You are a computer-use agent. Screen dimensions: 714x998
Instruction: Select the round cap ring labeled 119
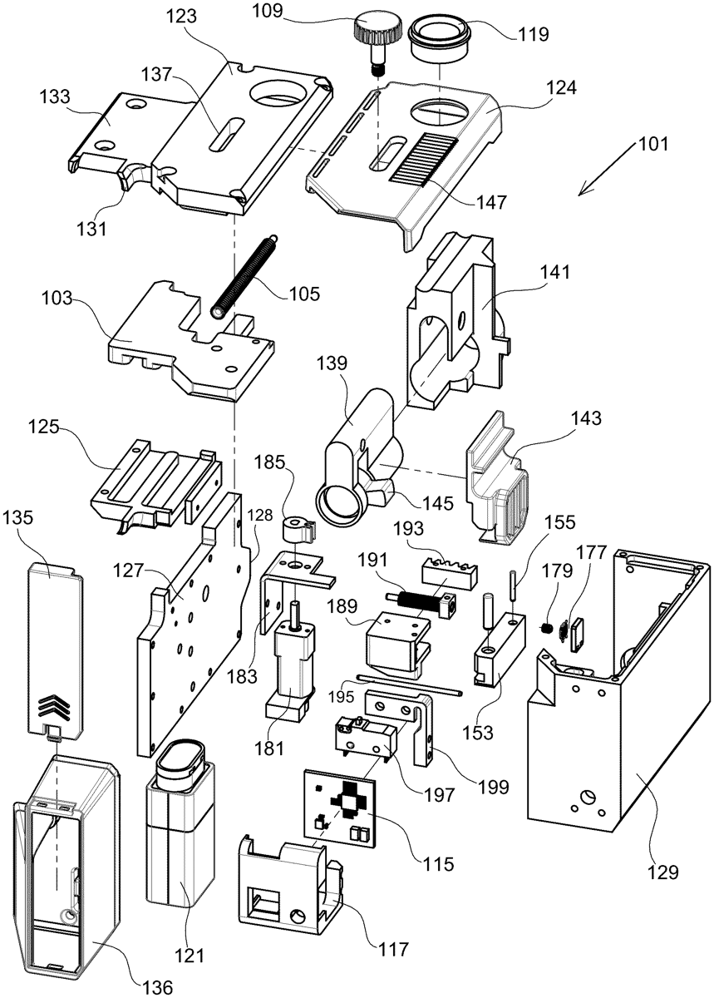pos(439,41)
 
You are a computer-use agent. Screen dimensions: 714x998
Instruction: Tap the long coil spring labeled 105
pos(244,276)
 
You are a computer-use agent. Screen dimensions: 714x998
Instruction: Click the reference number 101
pos(653,144)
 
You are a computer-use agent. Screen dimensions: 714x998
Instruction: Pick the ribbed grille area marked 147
pos(424,158)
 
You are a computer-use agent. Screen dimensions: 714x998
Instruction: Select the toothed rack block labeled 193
pos(450,573)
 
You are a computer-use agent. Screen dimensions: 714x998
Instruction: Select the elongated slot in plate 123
pos(227,136)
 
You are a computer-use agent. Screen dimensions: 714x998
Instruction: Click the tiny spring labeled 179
pos(545,629)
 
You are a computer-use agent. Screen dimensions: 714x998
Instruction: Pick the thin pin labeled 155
pos(514,587)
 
